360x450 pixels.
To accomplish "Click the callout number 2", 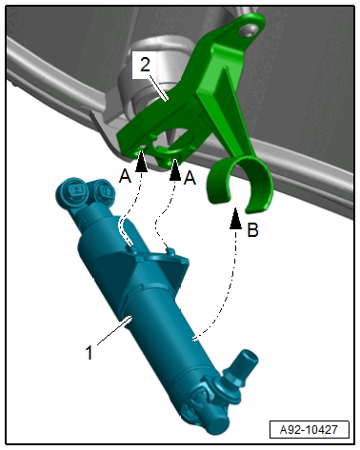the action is (x=145, y=65).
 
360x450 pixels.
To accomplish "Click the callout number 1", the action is (x=90, y=352).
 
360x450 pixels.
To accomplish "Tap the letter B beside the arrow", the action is (x=253, y=230).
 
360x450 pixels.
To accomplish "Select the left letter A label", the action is (x=125, y=176).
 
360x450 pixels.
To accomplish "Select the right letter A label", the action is (x=190, y=178).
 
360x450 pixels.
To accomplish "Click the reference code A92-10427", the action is (x=309, y=430).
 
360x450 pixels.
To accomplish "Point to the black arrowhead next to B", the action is (x=235, y=218).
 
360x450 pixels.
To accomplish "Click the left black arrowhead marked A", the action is (x=141, y=161).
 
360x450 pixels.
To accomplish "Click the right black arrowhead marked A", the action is (x=175, y=170).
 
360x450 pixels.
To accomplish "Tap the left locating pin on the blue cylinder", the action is (x=132, y=248).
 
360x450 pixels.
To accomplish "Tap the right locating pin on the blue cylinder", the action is (x=170, y=251).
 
